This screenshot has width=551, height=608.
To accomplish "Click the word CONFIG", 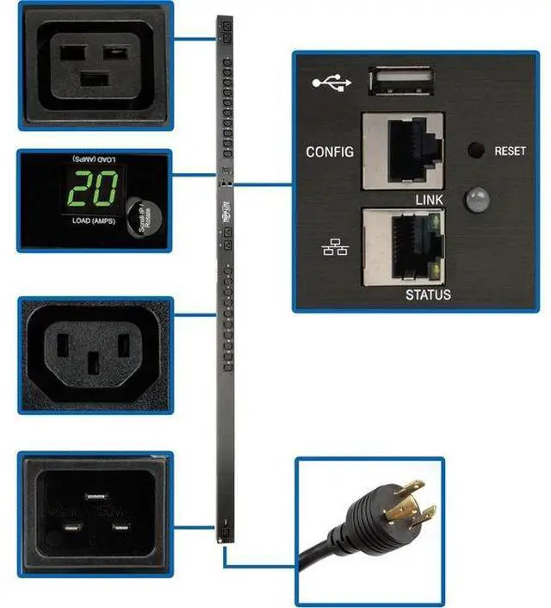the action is [330, 152].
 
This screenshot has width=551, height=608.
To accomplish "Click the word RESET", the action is [510, 151].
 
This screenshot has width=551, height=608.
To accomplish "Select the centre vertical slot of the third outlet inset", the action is [96, 364].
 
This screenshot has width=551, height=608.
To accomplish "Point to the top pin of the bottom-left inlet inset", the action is [96, 494].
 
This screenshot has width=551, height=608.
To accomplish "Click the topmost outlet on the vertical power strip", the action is [227, 37].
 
